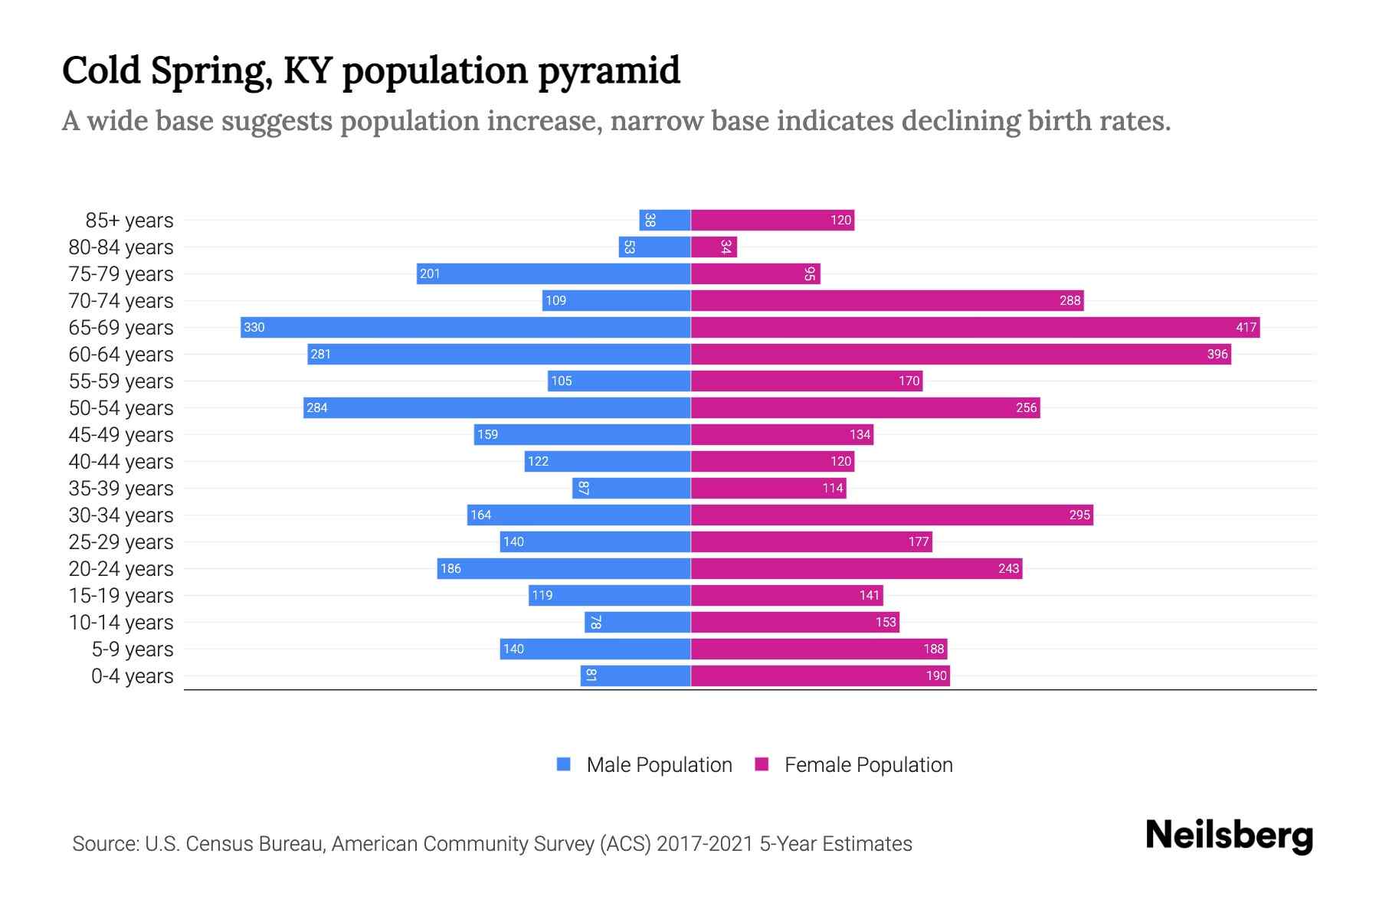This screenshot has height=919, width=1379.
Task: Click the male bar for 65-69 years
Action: [x=465, y=328]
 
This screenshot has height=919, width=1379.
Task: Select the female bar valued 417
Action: [x=974, y=328]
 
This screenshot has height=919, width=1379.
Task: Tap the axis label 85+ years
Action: [x=129, y=221]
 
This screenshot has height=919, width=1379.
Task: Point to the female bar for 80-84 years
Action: [x=713, y=247]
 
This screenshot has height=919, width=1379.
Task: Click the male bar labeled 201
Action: [x=553, y=274]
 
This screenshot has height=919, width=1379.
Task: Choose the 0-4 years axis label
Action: [x=132, y=676]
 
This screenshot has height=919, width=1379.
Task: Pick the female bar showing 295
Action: [x=892, y=515]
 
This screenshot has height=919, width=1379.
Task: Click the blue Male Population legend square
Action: [x=564, y=764]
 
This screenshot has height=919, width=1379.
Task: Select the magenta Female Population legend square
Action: [x=762, y=764]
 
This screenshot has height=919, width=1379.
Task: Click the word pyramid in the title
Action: [x=608, y=70]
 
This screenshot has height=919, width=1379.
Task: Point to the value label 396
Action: [x=1217, y=355]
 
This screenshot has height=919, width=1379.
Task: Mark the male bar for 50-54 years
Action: [x=496, y=408]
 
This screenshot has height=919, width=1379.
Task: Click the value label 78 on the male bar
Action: [x=595, y=623]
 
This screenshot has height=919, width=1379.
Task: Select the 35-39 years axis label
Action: [x=121, y=489]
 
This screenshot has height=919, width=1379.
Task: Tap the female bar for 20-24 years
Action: [x=857, y=569]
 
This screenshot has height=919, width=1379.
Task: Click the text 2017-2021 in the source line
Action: [x=705, y=844]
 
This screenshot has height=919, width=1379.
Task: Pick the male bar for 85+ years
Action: [x=665, y=221]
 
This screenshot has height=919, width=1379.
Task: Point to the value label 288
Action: [x=1069, y=301]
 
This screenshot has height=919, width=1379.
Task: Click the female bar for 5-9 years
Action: [x=819, y=649]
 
